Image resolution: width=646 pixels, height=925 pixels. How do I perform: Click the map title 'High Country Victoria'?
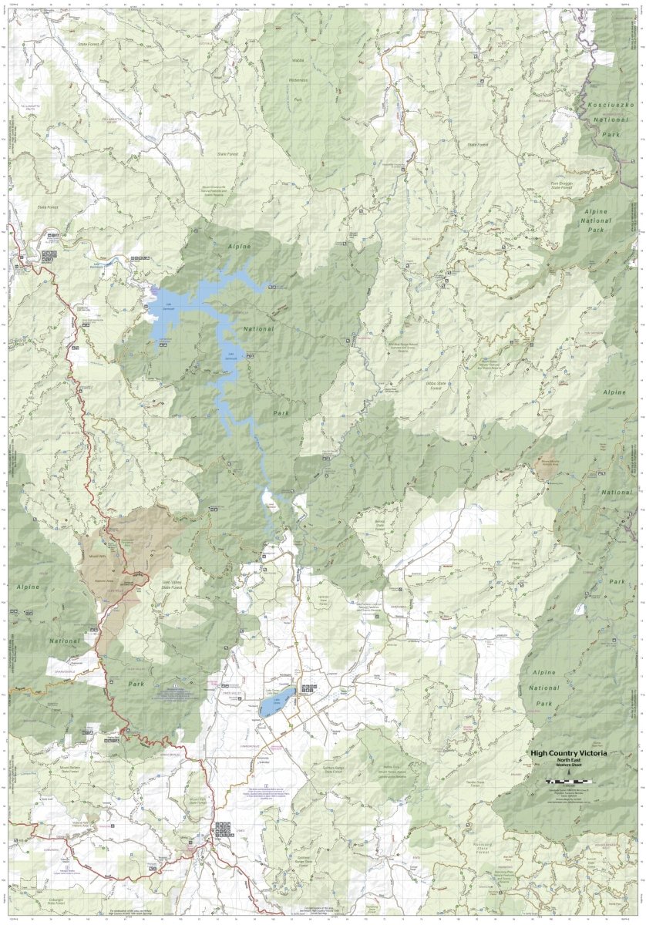568,752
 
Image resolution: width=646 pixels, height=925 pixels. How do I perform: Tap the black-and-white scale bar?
568,782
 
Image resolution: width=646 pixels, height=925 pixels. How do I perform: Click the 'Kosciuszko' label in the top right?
611,103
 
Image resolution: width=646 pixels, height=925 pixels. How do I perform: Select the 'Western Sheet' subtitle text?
568,767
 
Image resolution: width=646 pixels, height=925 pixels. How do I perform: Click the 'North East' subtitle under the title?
568,761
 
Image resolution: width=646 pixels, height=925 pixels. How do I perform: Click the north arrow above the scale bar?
568,774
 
